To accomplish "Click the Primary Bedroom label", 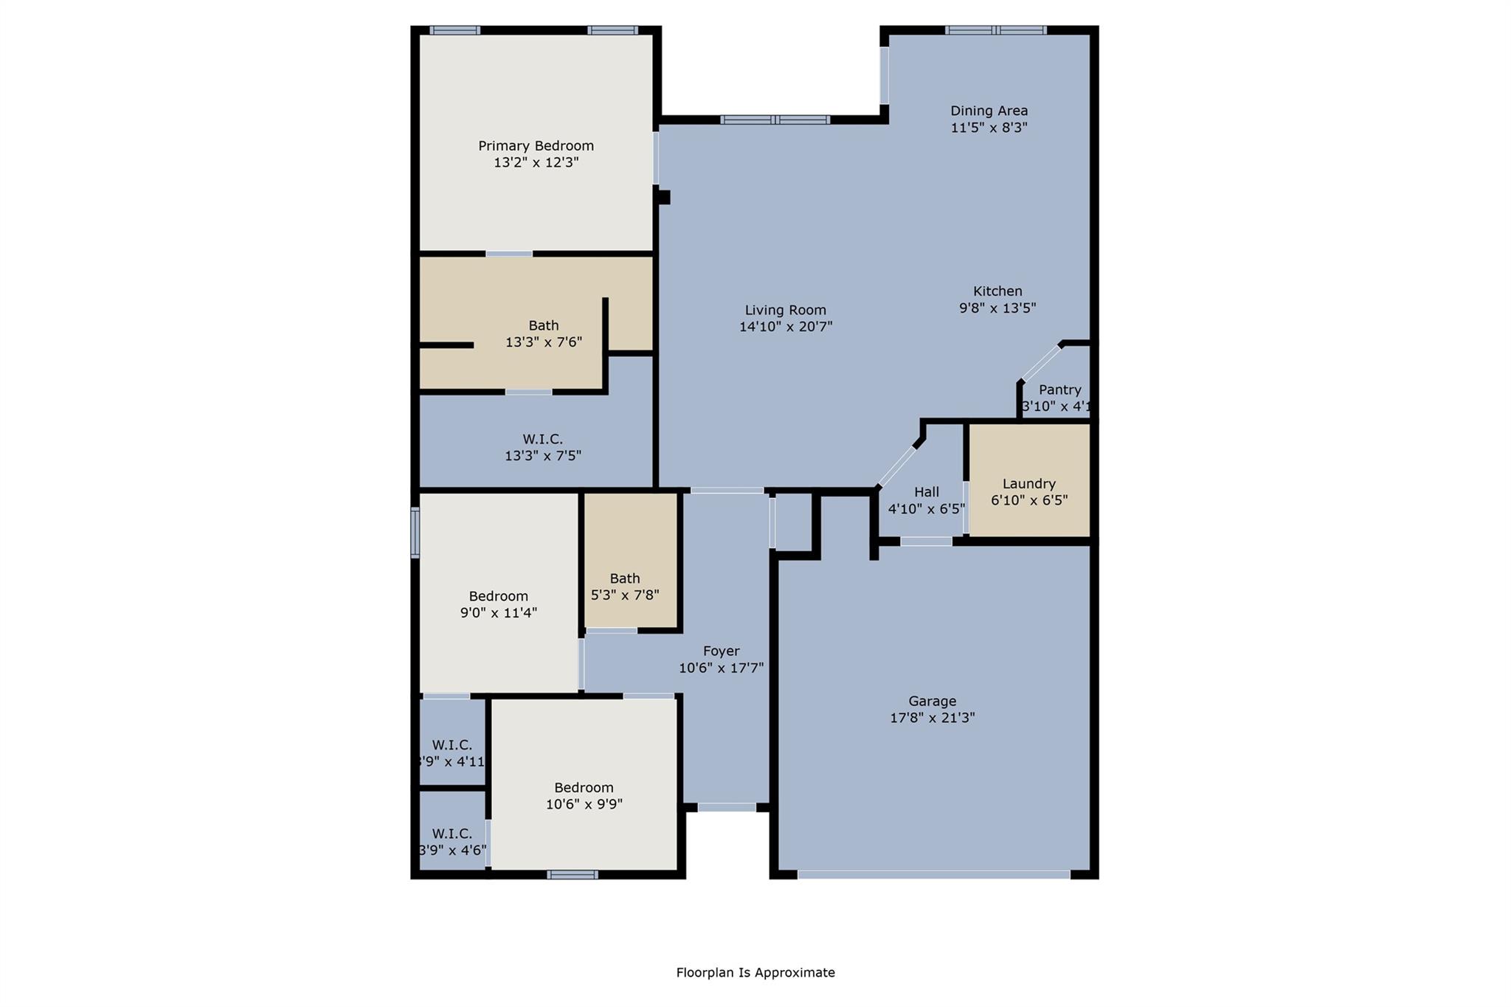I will click(x=536, y=146).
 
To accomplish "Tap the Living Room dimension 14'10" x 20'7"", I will click(x=786, y=327).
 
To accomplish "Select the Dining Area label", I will click(x=989, y=111).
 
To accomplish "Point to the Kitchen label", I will click(x=997, y=291).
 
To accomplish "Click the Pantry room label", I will click(x=1059, y=390).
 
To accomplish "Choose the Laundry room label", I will click(x=1028, y=484).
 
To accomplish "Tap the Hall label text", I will click(x=927, y=492).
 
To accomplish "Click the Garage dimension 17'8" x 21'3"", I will click(x=933, y=718).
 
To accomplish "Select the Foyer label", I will click(x=721, y=651).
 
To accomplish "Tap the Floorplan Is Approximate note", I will click(x=755, y=972).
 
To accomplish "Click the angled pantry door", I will click(x=1040, y=362).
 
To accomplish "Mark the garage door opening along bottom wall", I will click(x=933, y=874).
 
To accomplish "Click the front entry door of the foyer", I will click(x=727, y=807).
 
